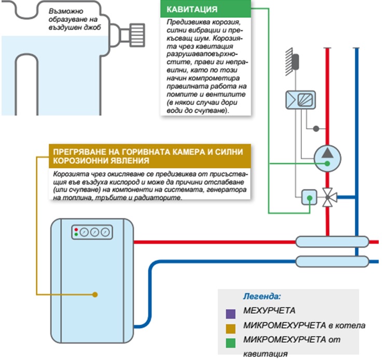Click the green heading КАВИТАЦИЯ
click(192, 10)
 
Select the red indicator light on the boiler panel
click(76, 229)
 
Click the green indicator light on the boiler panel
click(76, 235)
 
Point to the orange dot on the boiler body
click(95, 295)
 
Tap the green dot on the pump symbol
click(327, 164)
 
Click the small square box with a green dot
click(309, 197)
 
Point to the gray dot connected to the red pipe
click(315, 128)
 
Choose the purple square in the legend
click(231, 313)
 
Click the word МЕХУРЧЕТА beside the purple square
click(269, 312)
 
